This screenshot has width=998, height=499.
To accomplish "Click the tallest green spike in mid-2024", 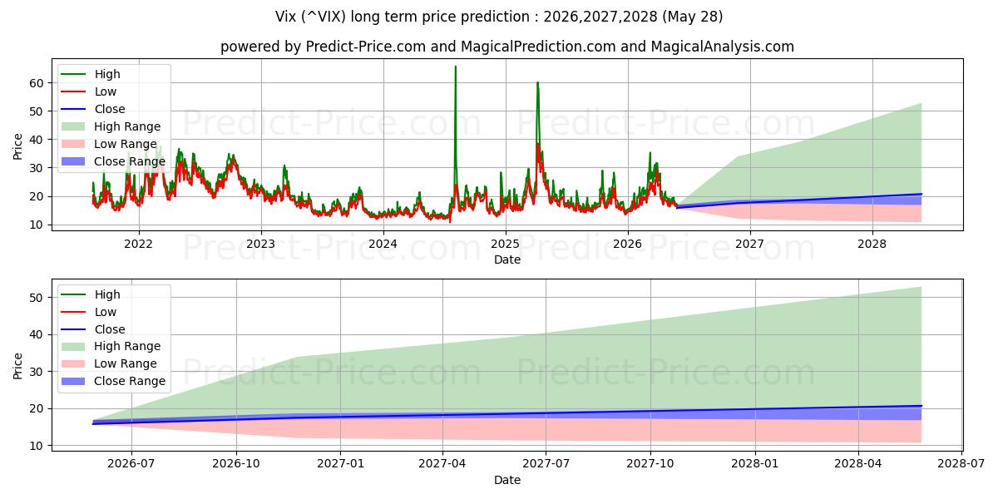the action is coord(456,67).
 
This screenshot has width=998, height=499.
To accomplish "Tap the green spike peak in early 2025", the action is coord(537,82).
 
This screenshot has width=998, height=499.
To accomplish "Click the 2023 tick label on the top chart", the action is coord(261,244).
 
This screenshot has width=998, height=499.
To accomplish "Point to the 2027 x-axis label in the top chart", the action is coord(750,244).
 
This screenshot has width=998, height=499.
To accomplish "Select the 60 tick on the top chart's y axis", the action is coord(37,83).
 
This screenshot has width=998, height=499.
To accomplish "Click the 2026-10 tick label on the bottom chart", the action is coord(236,464).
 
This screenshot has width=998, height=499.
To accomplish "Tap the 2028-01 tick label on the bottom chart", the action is coord(755,464).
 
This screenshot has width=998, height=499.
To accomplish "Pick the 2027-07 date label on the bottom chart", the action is coord(546,464).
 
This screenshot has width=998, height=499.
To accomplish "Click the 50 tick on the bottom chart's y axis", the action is coord(37,298).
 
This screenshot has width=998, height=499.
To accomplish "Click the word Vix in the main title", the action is coord(285,17).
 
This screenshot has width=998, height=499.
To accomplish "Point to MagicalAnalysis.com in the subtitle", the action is coord(722,47).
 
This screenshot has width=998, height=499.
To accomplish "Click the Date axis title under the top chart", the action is coord(507,259).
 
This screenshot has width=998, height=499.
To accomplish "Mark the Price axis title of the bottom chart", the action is coord(17,366).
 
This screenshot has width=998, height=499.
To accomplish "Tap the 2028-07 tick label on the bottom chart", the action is coord(961,464).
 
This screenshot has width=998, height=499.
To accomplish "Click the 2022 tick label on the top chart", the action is coord(139,244).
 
